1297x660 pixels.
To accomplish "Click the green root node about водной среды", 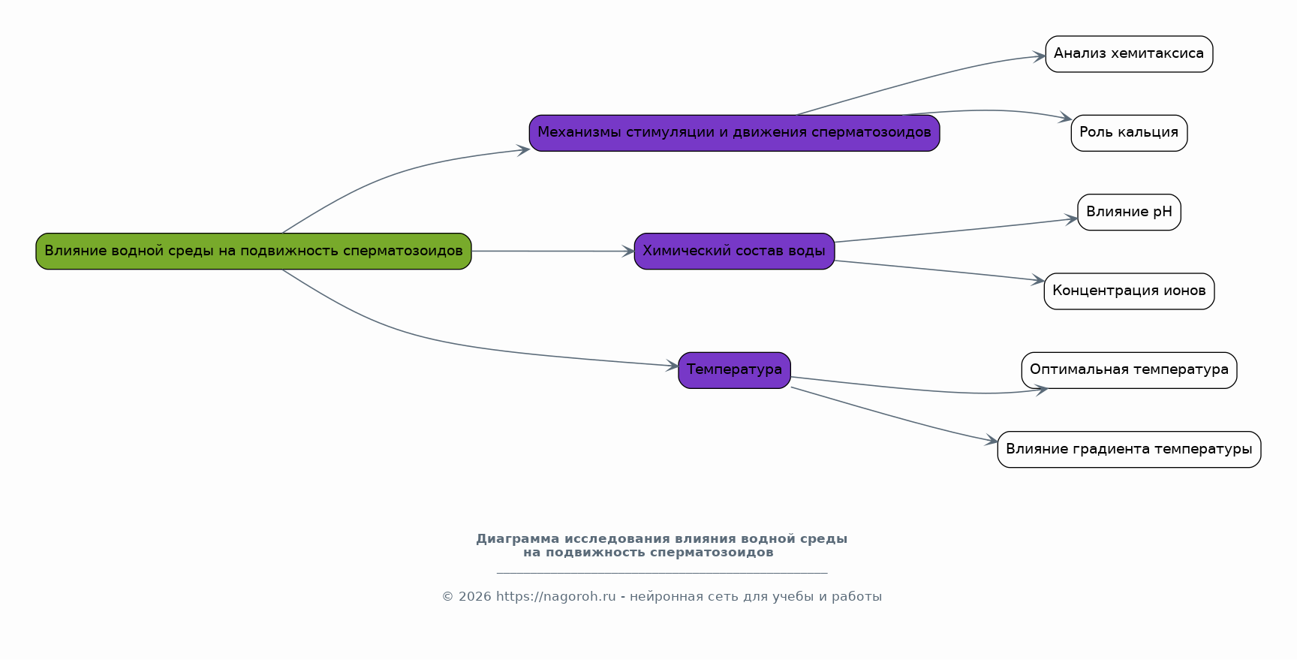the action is (x=254, y=251).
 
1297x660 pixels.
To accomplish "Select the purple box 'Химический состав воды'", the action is (x=734, y=251).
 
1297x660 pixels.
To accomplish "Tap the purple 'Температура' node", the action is (x=734, y=370).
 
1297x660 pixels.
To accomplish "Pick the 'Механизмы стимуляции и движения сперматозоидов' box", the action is (x=734, y=133).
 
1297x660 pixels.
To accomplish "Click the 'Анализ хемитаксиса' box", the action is (x=1129, y=54).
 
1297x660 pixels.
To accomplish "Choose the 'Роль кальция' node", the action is (x=1129, y=133).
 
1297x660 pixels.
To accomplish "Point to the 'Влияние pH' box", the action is (x=1129, y=212).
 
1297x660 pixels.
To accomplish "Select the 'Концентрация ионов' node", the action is (x=1129, y=291).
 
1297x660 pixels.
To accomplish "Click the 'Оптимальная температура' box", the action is (x=1129, y=370).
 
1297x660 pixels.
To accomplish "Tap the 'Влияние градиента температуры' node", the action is (x=1129, y=449).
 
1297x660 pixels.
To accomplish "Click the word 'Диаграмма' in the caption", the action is (x=518, y=539).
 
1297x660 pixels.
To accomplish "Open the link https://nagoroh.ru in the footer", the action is (x=555, y=597).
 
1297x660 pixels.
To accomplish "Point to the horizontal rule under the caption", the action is (x=662, y=573).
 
